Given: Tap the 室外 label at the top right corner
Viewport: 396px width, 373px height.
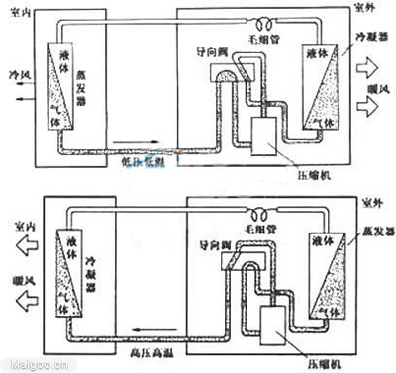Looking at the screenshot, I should click(368, 7).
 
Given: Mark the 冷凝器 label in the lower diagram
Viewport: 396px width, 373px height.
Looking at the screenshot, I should click(97, 270).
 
